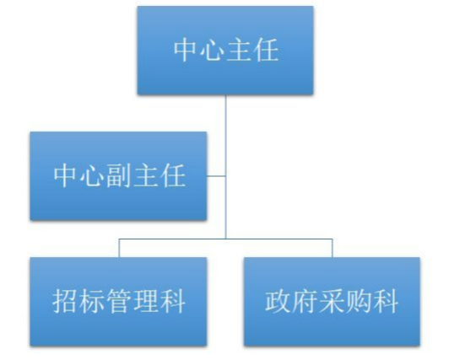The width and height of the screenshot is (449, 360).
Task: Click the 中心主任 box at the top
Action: [225, 51]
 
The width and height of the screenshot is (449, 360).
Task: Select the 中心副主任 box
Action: [118, 176]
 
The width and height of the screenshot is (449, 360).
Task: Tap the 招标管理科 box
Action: [118, 302]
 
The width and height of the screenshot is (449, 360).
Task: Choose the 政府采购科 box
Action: [332, 302]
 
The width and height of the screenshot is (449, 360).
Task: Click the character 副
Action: [119, 175]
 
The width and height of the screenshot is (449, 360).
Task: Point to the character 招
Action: [66, 301]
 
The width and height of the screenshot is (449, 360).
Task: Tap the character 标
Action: [92, 301]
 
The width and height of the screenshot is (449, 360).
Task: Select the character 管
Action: [118, 301]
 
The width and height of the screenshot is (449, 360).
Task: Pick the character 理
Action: [145, 301]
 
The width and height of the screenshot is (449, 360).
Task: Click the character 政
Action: [278, 301]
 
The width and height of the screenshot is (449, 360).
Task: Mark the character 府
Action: [305, 301]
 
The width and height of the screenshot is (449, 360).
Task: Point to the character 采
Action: [332, 301]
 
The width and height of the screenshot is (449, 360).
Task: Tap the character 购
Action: [358, 301]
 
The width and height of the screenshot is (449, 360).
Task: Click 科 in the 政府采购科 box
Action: [386, 301]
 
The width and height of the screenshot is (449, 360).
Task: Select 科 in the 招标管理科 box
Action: [172, 301]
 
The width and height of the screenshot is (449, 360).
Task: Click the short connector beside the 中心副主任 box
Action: [216, 176]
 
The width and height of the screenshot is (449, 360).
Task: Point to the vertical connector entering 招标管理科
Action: [119, 248]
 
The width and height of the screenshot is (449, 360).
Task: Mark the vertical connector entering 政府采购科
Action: [333, 248]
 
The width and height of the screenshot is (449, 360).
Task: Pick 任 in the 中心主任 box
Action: [267, 50]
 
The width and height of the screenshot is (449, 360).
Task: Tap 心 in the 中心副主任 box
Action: [92, 175]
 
